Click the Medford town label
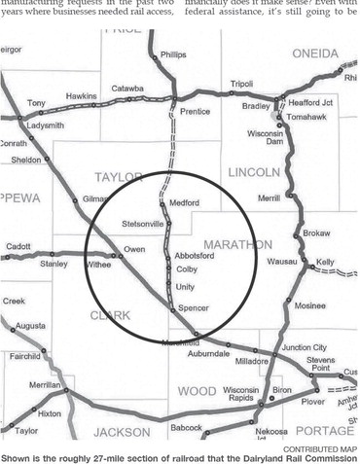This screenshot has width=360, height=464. (x=184, y=203)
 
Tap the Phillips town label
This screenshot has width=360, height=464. (x=172, y=55)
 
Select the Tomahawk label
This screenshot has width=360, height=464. (x=307, y=117)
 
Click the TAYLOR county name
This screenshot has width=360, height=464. (x=119, y=176)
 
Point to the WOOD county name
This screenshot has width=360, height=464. (x=197, y=391)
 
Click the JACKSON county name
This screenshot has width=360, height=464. (x=122, y=432)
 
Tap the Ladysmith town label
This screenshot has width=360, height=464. (x=47, y=126)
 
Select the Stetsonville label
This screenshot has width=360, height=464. (x=143, y=224)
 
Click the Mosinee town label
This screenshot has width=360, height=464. (x=310, y=304)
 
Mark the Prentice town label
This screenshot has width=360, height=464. (x=195, y=112)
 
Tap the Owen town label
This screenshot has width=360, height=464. (x=134, y=250)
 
